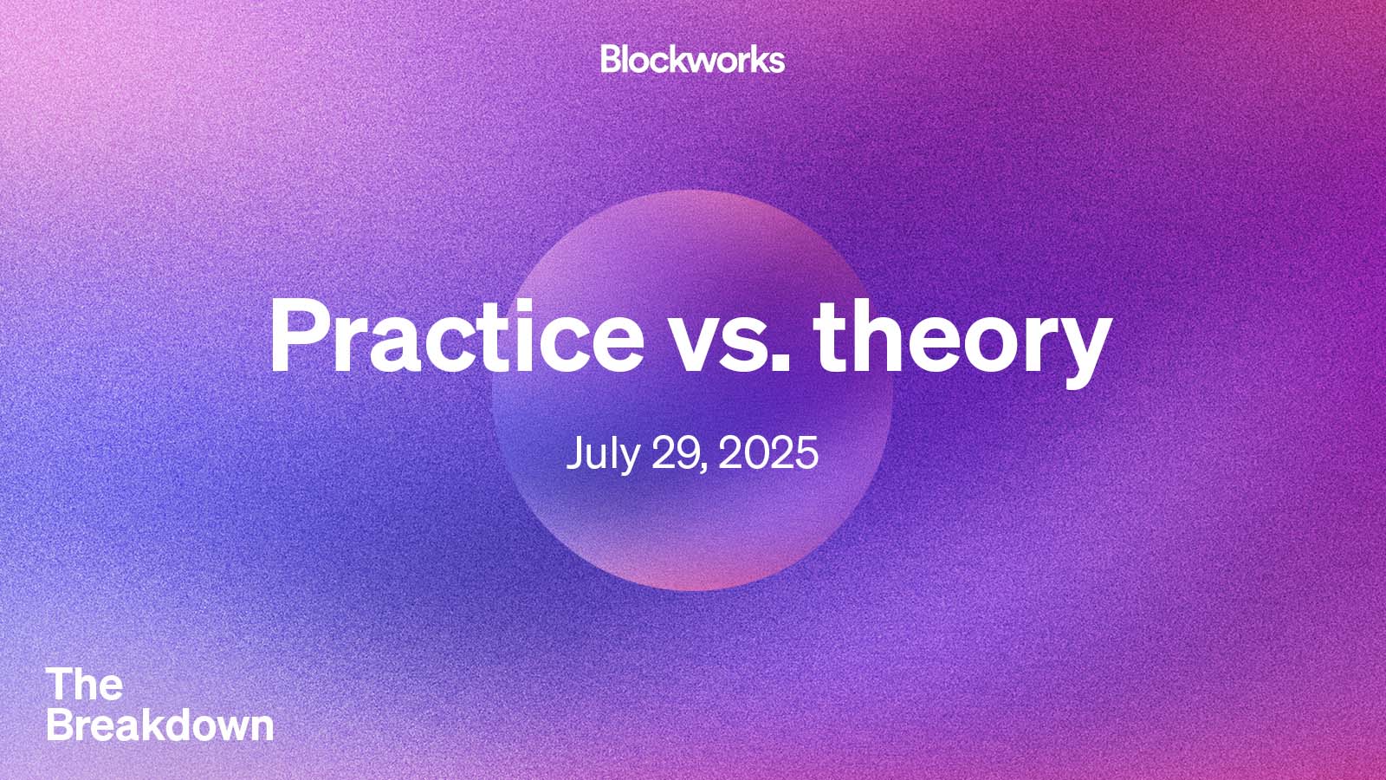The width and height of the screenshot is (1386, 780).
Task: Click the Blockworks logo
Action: [692, 59]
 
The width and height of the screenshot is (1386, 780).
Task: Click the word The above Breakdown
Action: [85, 685]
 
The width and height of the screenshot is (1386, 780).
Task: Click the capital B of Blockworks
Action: [611, 59]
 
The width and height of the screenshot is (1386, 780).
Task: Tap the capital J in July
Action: [574, 452]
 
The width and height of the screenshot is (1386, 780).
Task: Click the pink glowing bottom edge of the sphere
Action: [692, 576]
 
